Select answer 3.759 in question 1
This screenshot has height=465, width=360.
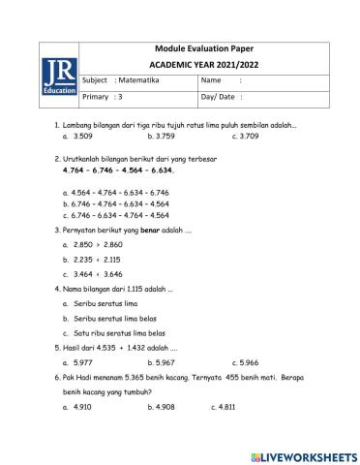click(163, 136)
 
